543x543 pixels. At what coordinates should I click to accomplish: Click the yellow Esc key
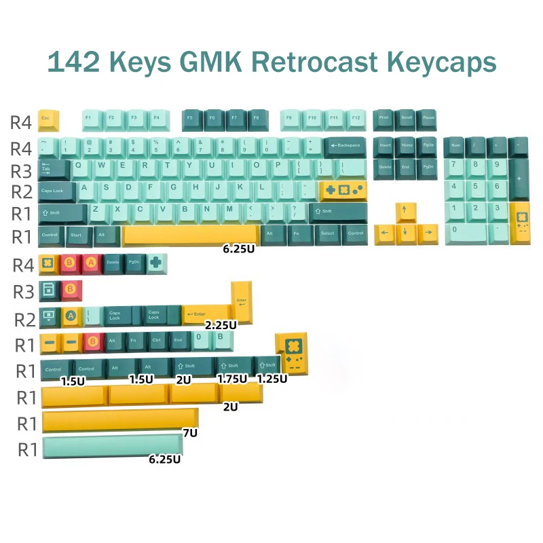48,119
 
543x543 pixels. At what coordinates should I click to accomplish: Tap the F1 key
92,119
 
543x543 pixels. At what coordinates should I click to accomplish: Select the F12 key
356,119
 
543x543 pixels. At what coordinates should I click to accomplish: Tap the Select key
328,235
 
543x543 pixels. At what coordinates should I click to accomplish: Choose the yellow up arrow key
405,212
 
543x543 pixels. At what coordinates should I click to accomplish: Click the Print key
383,119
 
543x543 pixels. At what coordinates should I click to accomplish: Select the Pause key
427,119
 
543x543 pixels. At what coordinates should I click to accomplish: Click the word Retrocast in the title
305,62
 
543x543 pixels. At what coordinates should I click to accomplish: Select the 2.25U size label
221,324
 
